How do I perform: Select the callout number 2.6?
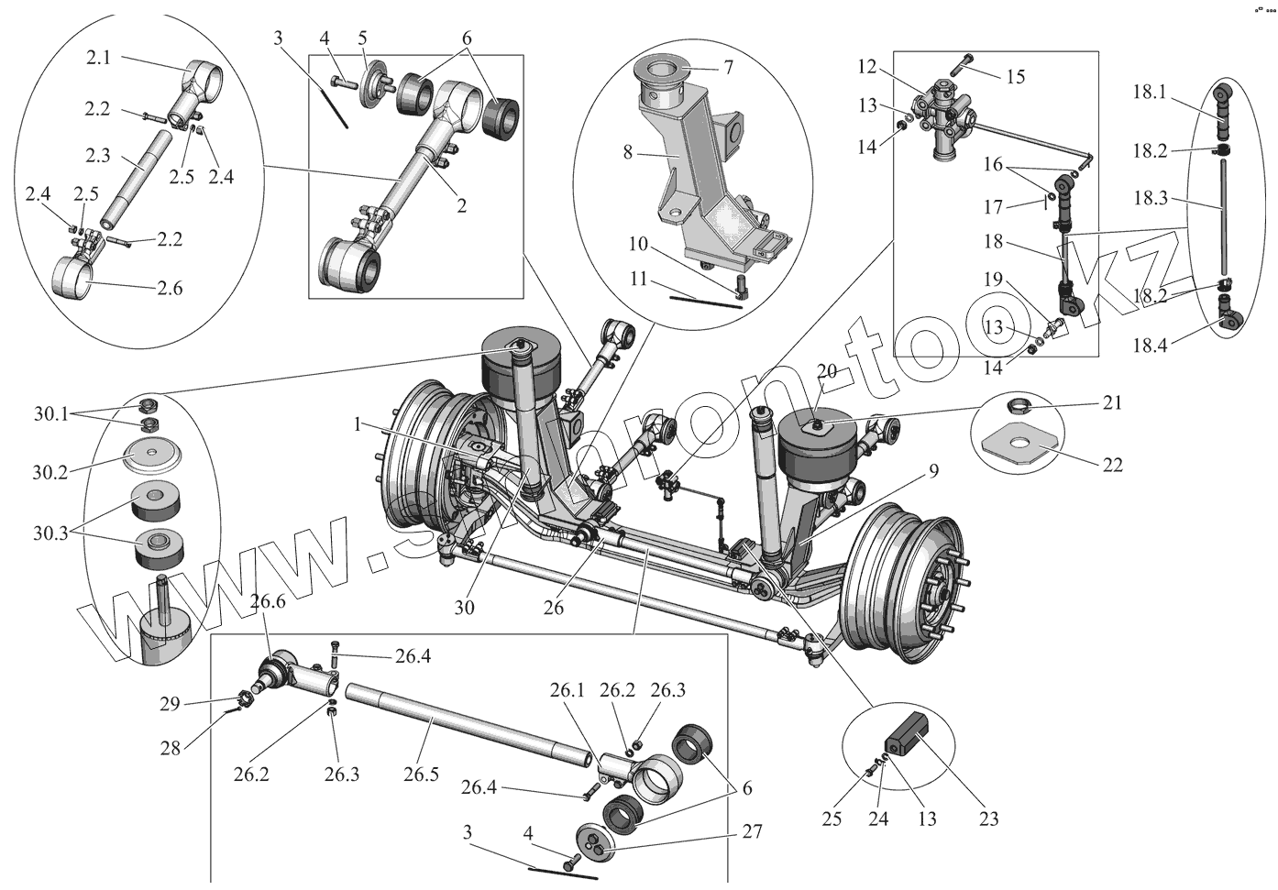[169, 289]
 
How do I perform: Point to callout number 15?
[1015, 76]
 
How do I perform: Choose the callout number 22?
[1112, 466]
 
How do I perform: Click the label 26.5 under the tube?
[422, 775]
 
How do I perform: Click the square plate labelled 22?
[1017, 445]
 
